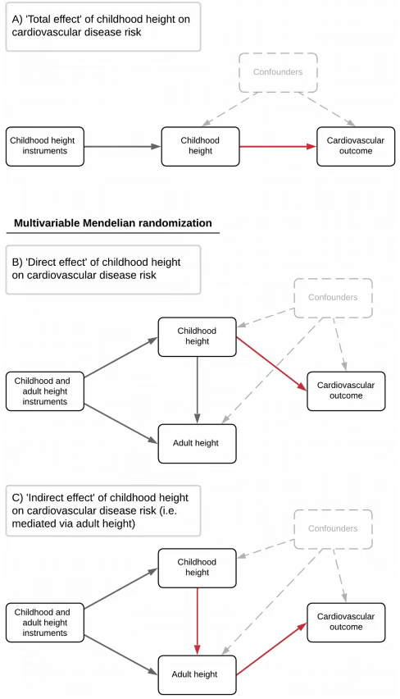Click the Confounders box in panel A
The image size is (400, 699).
[x=278, y=73]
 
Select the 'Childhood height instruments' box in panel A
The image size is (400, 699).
[x=45, y=147]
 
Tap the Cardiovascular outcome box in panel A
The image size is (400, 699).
[x=356, y=147]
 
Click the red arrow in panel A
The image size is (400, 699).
[x=278, y=147]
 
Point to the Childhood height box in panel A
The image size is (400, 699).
[x=200, y=147]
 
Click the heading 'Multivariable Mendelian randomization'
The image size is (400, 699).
[x=112, y=223]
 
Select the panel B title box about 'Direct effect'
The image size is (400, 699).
[x=103, y=270]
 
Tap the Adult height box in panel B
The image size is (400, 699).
[x=197, y=444]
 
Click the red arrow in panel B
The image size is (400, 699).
[x=271, y=363]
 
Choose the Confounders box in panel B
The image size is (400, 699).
[x=333, y=299]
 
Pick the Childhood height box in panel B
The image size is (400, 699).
[x=197, y=337]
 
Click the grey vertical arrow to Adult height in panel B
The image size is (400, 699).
[x=198, y=390]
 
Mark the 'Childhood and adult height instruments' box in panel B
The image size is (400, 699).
[x=45, y=391]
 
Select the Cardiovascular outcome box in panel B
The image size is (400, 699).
[x=346, y=391]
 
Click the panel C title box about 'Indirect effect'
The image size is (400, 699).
[x=103, y=511]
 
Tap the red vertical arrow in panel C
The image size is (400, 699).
[x=198, y=621]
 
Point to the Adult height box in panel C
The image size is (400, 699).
[x=197, y=675]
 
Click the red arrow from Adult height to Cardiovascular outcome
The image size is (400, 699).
[x=271, y=649]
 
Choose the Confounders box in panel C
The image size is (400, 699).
[x=333, y=529]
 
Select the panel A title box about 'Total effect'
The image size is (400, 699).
[x=103, y=27]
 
